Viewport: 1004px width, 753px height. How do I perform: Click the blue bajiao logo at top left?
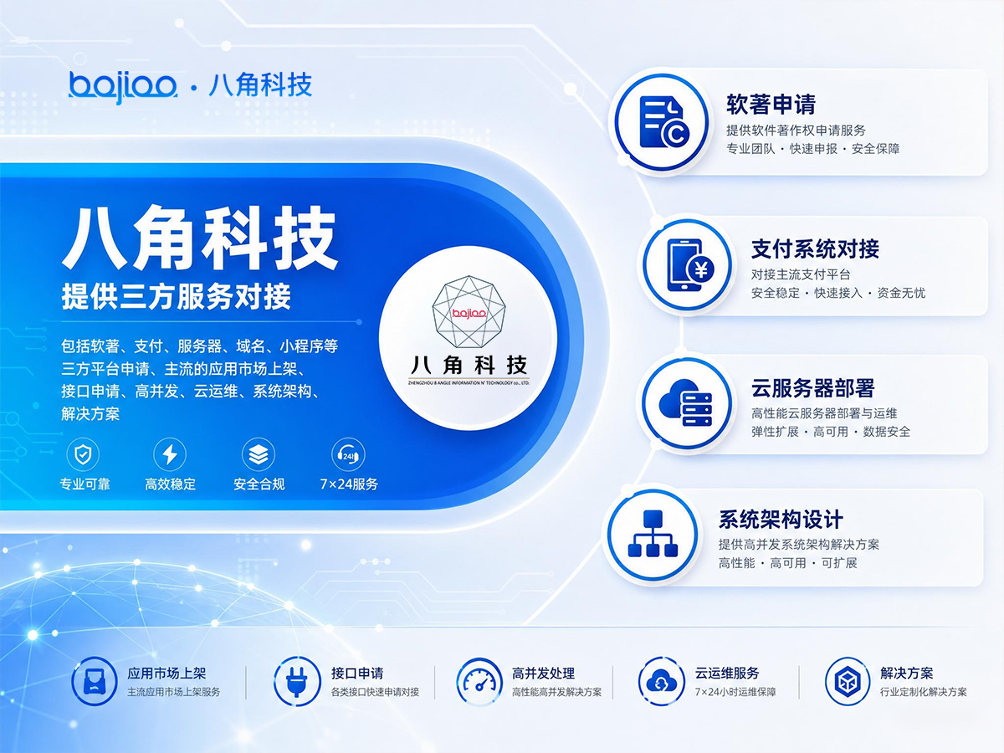[x=123, y=87]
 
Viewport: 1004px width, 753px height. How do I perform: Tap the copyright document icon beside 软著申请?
[x=663, y=121]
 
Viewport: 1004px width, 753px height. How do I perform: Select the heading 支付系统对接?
[x=815, y=249]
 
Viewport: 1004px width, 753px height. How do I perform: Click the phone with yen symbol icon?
[x=689, y=264]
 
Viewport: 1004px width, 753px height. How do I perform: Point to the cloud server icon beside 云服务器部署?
[x=685, y=402]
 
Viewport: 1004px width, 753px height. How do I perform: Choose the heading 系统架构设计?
[x=781, y=520]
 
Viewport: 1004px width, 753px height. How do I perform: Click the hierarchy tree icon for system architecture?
[x=653, y=534]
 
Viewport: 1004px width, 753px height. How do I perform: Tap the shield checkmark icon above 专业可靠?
[x=83, y=454]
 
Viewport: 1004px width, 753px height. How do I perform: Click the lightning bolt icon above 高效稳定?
[x=170, y=454]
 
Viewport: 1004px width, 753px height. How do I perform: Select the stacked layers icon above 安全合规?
[x=259, y=454]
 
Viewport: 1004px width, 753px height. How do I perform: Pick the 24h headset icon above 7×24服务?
[x=349, y=454]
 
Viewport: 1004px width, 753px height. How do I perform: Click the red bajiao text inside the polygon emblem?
[x=469, y=314]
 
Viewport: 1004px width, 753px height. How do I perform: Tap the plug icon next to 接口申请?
[x=297, y=681]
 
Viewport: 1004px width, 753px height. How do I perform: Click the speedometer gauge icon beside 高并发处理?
[x=479, y=682]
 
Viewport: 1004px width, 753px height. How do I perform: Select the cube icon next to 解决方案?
[x=848, y=682]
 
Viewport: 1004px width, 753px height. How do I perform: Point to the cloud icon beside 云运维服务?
[x=662, y=682]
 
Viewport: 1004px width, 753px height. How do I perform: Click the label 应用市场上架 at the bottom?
[x=166, y=673]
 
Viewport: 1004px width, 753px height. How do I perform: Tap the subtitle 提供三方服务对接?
[x=176, y=296]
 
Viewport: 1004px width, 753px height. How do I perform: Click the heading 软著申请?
[x=771, y=105]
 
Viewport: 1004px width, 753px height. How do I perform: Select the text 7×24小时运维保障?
[x=735, y=692]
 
